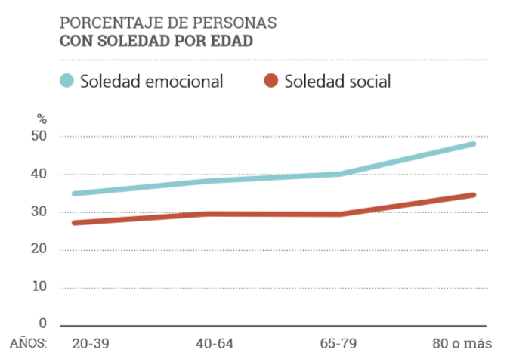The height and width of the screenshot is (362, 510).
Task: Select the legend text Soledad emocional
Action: [x=152, y=82]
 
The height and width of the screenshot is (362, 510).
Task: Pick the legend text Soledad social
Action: [x=337, y=82]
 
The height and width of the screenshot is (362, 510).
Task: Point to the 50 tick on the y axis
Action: [x=39, y=137]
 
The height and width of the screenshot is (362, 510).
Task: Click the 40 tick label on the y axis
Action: [x=39, y=175]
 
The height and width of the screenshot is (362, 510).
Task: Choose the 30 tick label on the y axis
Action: [x=39, y=212]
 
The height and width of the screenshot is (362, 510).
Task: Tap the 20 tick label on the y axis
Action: [x=39, y=249]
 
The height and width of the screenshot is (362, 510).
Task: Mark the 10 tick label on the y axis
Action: [x=39, y=287]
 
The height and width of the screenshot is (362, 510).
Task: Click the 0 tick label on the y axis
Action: [x=42, y=323]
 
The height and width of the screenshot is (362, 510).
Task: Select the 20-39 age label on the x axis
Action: [x=91, y=344]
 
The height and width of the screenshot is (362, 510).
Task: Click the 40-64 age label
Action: [x=215, y=344]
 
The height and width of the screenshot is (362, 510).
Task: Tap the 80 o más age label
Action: [x=462, y=344]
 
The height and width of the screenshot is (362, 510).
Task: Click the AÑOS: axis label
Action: [x=29, y=344]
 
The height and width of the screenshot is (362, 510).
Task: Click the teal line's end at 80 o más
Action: [x=473, y=144]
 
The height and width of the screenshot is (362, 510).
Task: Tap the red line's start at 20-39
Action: [x=74, y=223]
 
